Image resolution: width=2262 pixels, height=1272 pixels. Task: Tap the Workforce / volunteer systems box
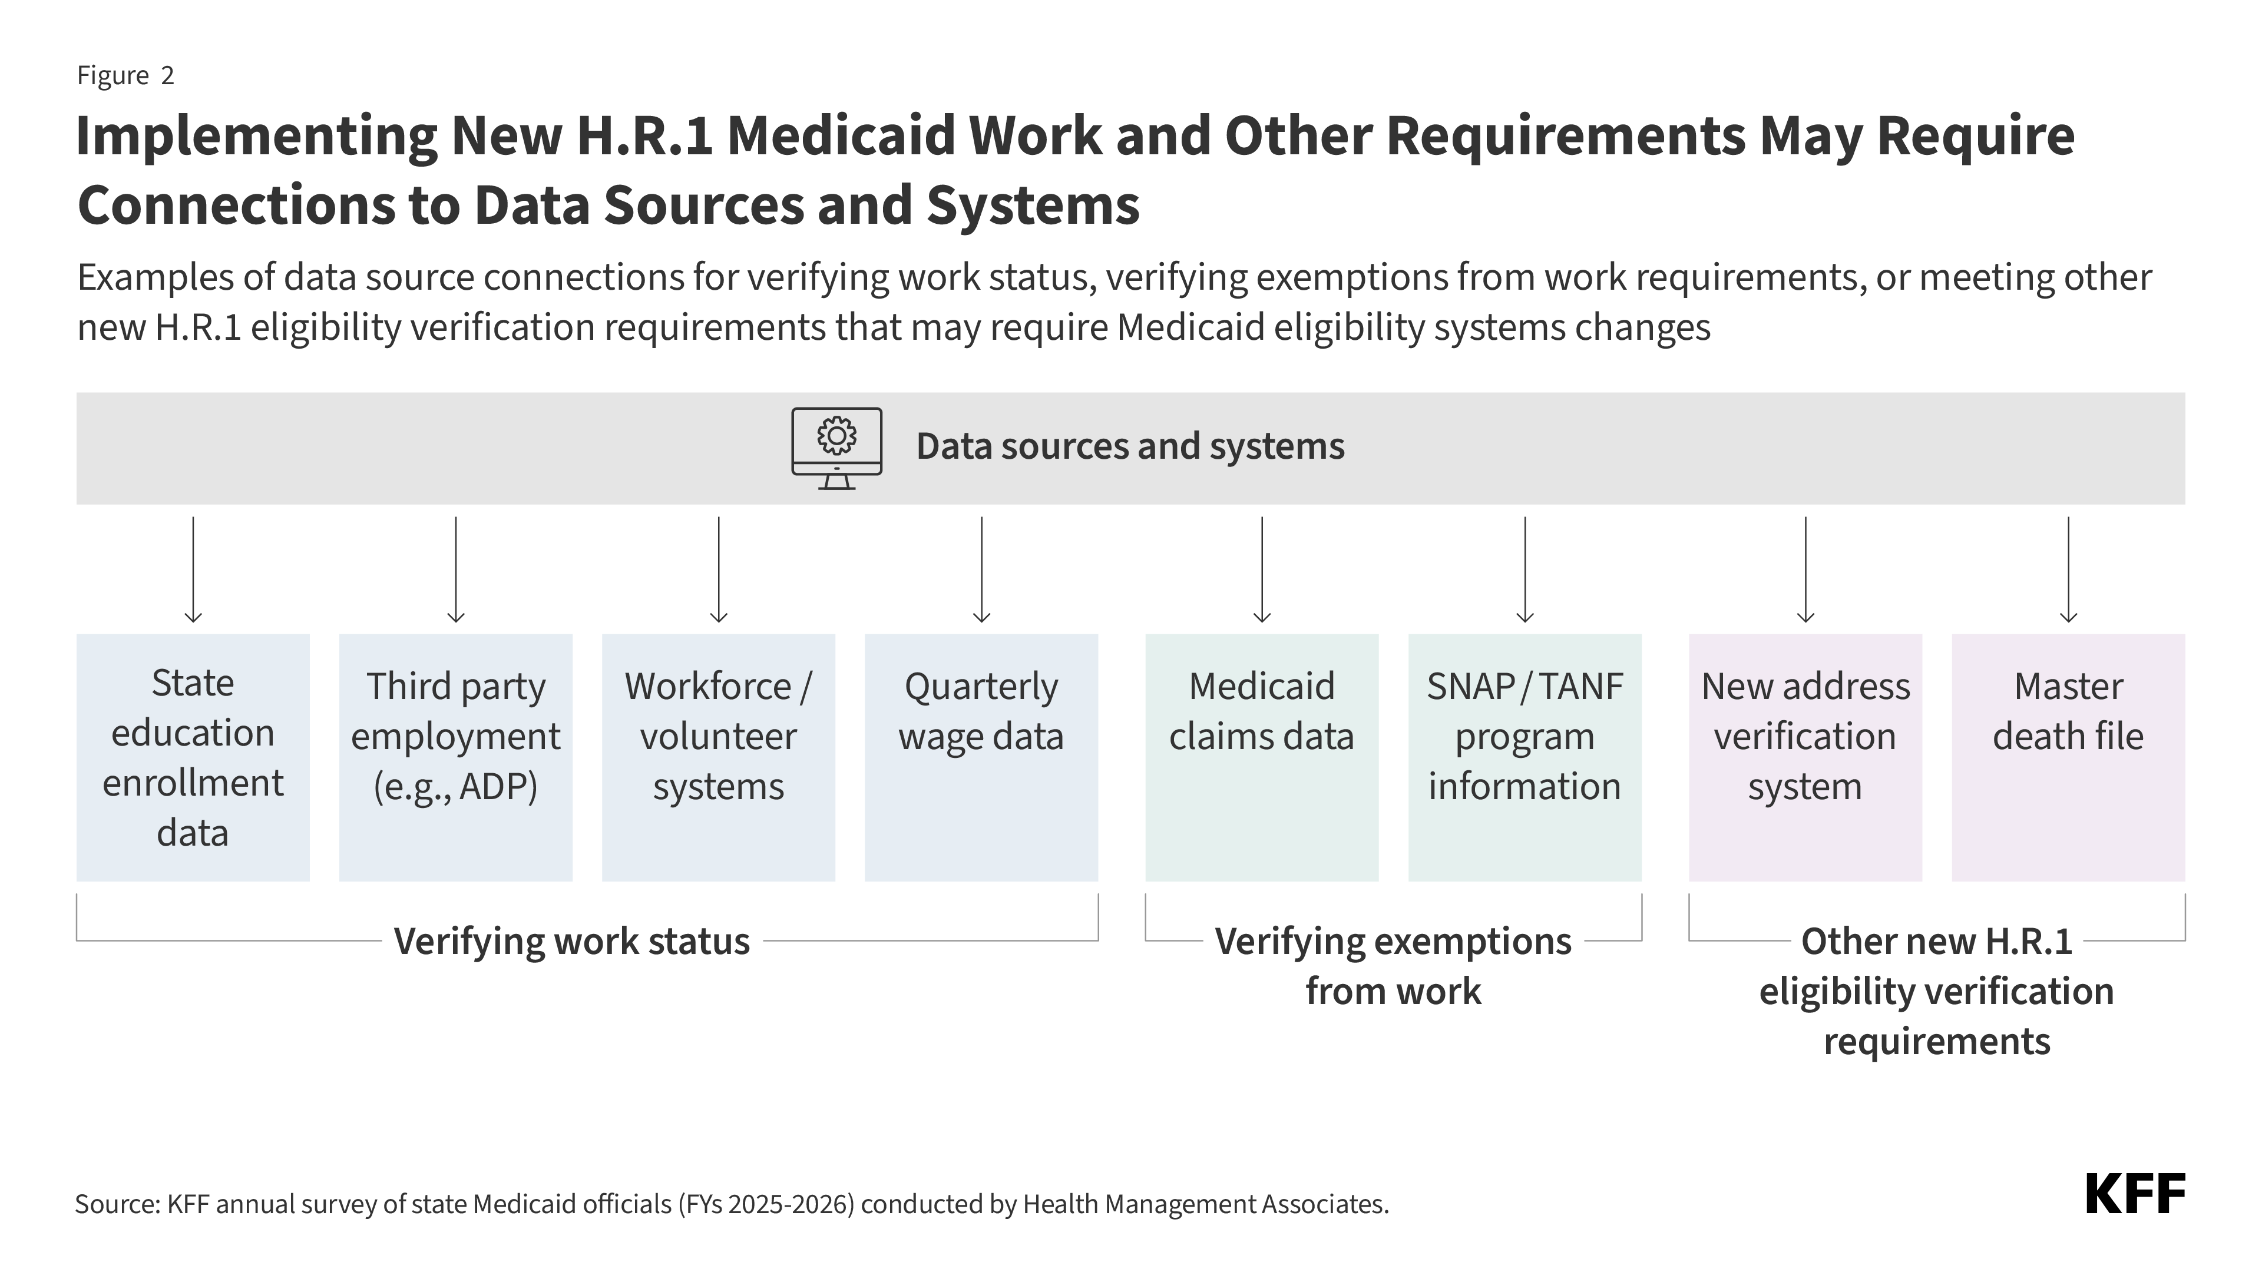click(717, 757)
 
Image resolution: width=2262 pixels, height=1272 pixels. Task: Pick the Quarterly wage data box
click(981, 757)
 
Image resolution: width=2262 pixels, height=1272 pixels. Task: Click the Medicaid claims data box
click(1261, 757)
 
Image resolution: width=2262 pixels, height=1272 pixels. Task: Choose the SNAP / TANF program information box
click(1524, 757)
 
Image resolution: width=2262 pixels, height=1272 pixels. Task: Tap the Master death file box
click(2068, 757)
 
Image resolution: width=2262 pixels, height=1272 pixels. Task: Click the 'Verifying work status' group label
click(571, 941)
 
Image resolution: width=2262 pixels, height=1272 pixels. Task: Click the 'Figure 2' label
click(125, 75)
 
